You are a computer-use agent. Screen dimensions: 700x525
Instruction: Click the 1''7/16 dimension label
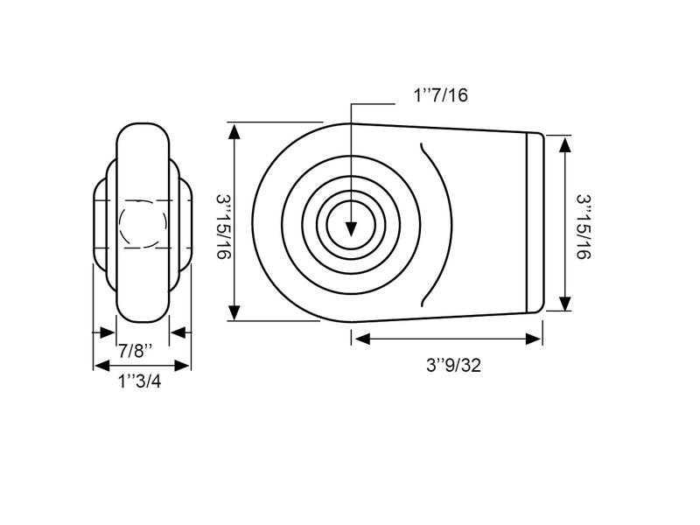[x=441, y=95]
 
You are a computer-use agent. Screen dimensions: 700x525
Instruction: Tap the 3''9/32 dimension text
[x=453, y=365]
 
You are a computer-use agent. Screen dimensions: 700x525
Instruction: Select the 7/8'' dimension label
[x=136, y=351]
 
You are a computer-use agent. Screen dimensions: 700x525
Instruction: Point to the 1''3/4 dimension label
[x=139, y=381]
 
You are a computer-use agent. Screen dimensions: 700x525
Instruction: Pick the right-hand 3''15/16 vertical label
[x=583, y=227]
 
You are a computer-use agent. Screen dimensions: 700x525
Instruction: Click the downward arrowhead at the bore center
[x=352, y=228]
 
